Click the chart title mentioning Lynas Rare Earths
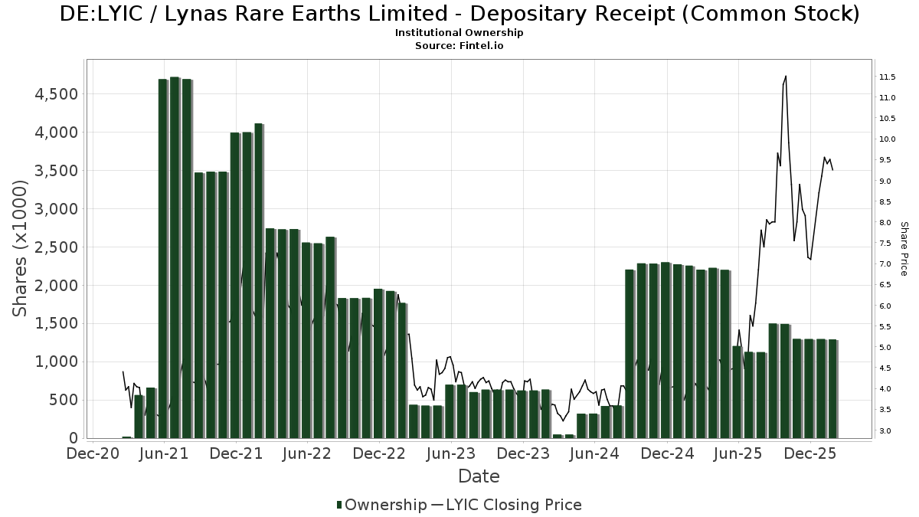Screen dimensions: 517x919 point(459,14)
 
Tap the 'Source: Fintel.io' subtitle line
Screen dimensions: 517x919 point(459,46)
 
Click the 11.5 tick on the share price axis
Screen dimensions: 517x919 point(888,77)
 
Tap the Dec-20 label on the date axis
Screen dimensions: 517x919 point(92,453)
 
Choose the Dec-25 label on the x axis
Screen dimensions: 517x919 point(810,453)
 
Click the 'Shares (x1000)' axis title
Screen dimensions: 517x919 point(21,248)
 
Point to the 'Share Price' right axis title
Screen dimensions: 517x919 point(904,248)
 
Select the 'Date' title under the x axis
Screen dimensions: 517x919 point(479,476)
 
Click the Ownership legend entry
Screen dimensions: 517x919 point(381,505)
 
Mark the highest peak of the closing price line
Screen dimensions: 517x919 point(786,76)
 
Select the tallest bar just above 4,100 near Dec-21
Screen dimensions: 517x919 point(259,280)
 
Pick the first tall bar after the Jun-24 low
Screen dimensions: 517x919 point(630,353)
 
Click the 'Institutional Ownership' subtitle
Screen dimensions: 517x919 point(459,33)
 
